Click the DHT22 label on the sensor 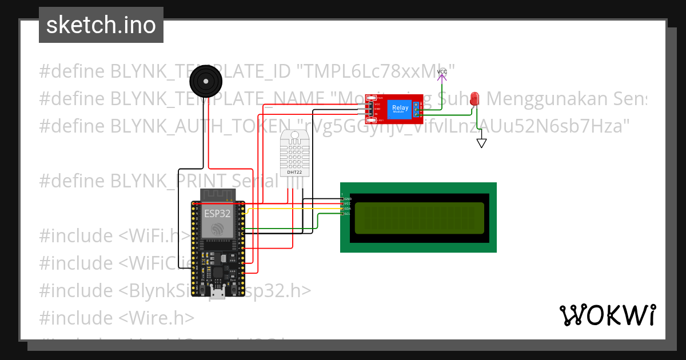tap(295, 171)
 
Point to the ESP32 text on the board tap(218, 214)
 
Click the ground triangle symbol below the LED tap(481, 143)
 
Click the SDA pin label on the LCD tap(346, 209)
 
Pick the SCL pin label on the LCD tap(346, 214)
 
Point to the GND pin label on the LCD tap(347, 198)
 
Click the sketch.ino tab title tap(101, 25)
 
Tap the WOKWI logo tap(607, 315)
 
